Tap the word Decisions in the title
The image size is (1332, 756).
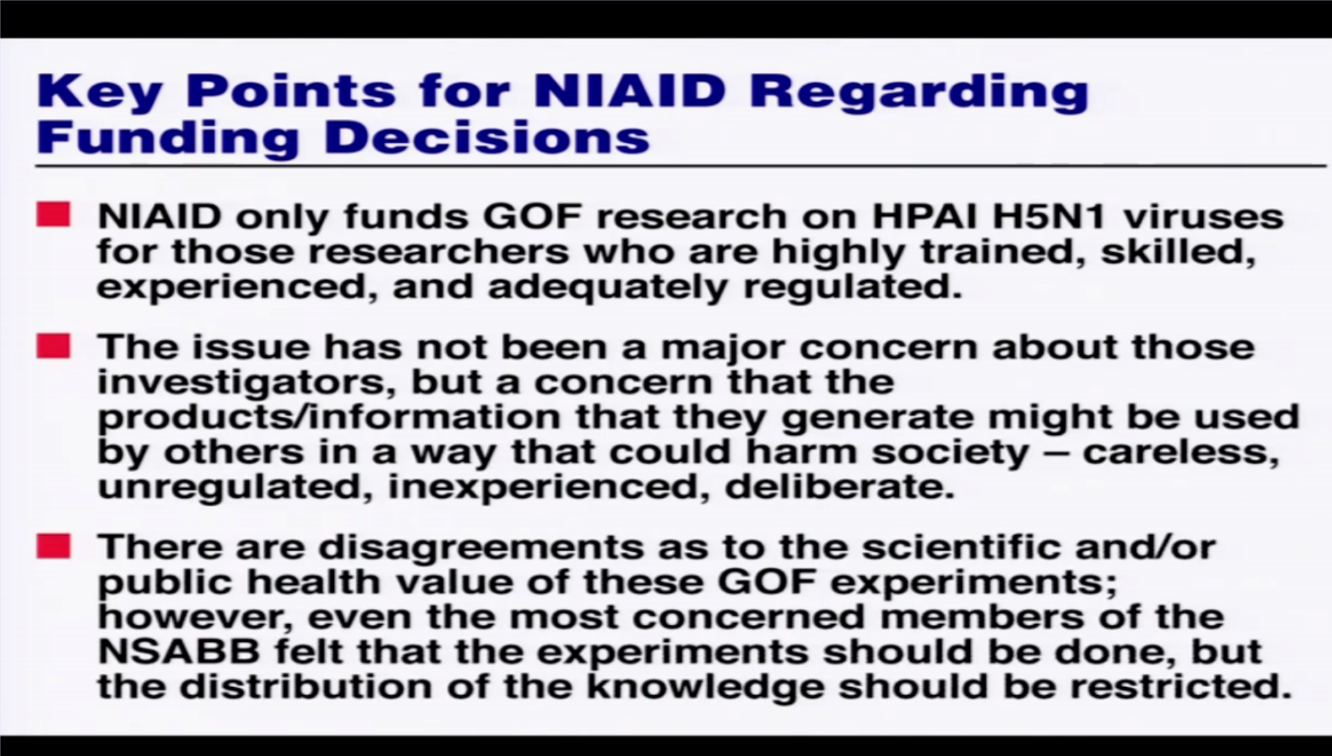[487, 137]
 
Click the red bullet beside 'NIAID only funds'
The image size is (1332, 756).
[54, 215]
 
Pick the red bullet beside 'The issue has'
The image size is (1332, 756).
[54, 346]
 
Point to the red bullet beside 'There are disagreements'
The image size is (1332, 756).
[54, 546]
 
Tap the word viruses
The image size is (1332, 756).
[1203, 217]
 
